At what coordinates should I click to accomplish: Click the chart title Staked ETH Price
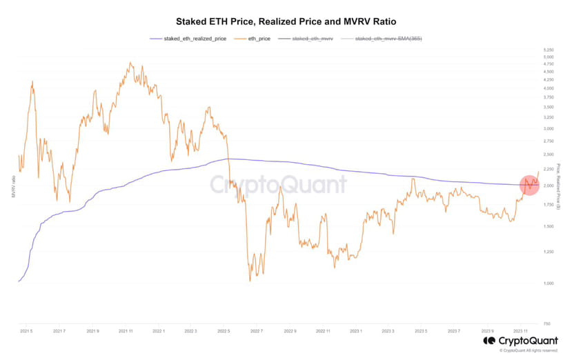click(x=285, y=21)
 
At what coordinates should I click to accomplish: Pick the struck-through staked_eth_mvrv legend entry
click(x=313, y=39)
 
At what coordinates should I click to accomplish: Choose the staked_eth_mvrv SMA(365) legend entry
click(x=386, y=39)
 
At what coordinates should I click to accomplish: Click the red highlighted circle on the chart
click(x=529, y=185)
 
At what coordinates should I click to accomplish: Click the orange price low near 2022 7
click(x=250, y=280)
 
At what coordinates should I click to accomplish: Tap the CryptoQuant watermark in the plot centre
click(x=278, y=185)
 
